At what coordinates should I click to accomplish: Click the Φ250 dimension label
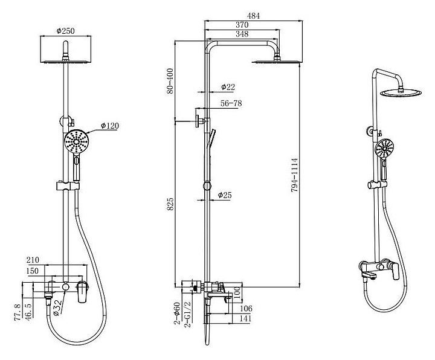pyautogui.click(x=65, y=31)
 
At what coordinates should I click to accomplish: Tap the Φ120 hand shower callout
pyautogui.click(x=110, y=126)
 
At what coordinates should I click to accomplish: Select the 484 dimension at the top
pyautogui.click(x=254, y=16)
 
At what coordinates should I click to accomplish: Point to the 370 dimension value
pyautogui.click(x=242, y=25)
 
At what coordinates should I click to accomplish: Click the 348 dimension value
pyautogui.click(x=242, y=34)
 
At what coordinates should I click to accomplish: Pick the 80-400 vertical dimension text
pyautogui.click(x=170, y=81)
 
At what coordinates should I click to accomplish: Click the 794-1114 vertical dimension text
pyautogui.click(x=294, y=175)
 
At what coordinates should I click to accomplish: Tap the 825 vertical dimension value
pyautogui.click(x=170, y=204)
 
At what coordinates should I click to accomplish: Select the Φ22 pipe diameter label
pyautogui.click(x=228, y=87)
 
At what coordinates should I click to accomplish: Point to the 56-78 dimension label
pyautogui.click(x=231, y=103)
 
